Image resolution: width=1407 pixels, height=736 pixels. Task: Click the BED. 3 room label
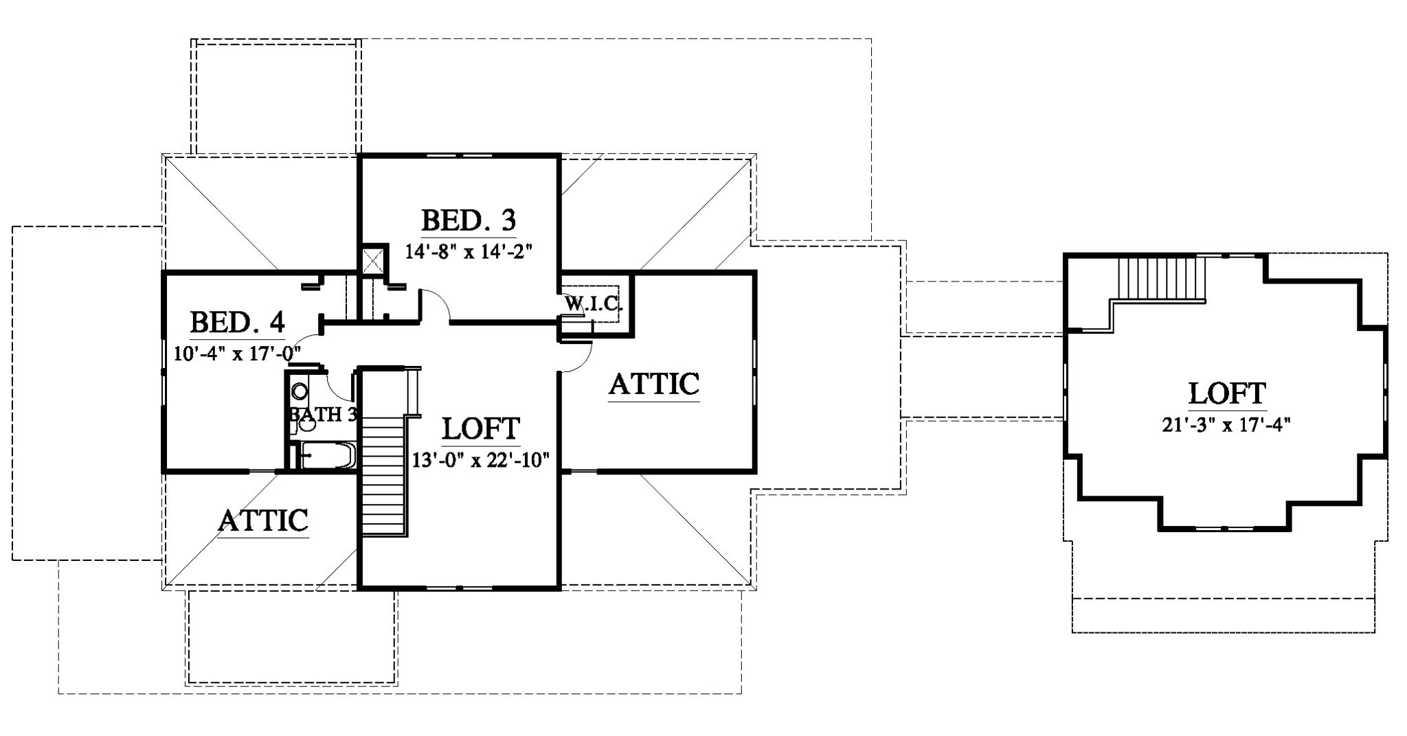pos(468,221)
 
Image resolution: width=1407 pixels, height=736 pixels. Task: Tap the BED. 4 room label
pos(237,322)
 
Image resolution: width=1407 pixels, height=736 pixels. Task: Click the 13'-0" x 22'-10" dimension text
pos(481,459)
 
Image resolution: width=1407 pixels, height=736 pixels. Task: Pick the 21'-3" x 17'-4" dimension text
pos(1227,425)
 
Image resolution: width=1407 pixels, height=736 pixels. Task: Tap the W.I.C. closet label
pos(594,303)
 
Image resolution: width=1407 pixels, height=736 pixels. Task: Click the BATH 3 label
pos(323,415)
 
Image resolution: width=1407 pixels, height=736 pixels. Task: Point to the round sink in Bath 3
pos(300,392)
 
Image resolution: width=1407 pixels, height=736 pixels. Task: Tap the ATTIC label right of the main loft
pos(654,384)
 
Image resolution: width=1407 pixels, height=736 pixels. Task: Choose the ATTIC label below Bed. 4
pos(263,520)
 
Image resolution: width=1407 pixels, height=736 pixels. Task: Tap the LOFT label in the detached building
pos(1227,393)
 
